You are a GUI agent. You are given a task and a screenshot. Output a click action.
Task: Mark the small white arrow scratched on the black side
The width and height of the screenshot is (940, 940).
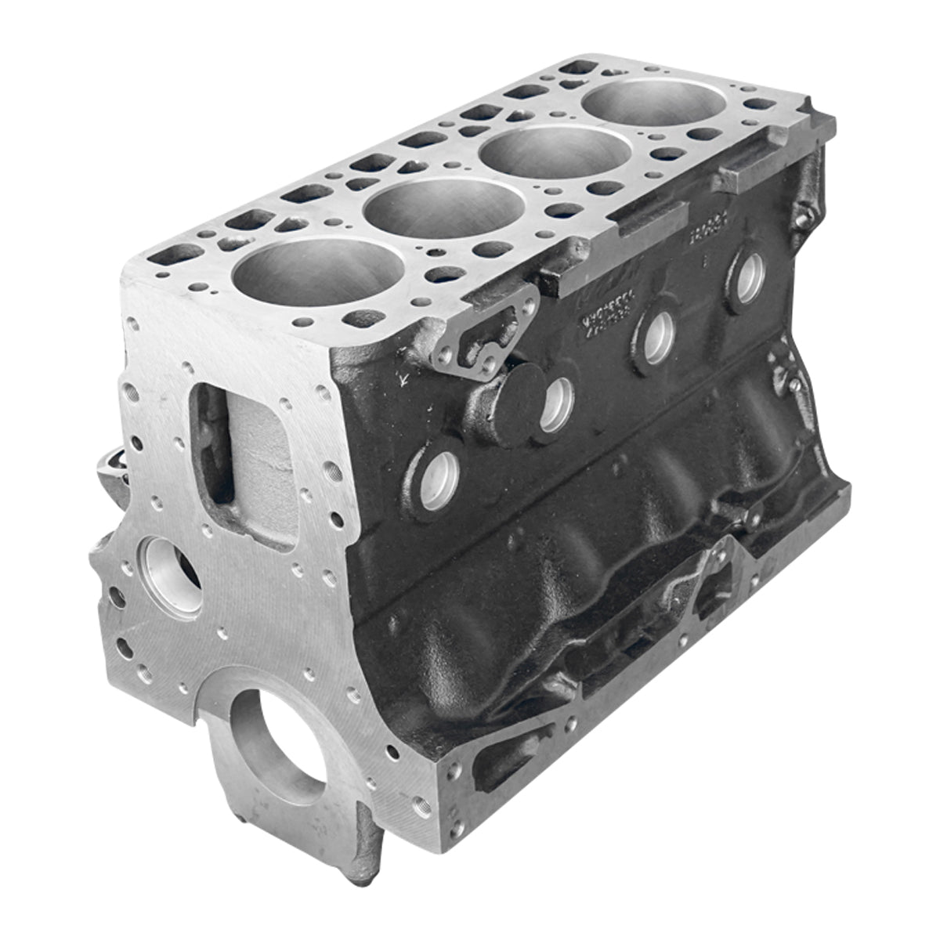(x=404, y=381)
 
